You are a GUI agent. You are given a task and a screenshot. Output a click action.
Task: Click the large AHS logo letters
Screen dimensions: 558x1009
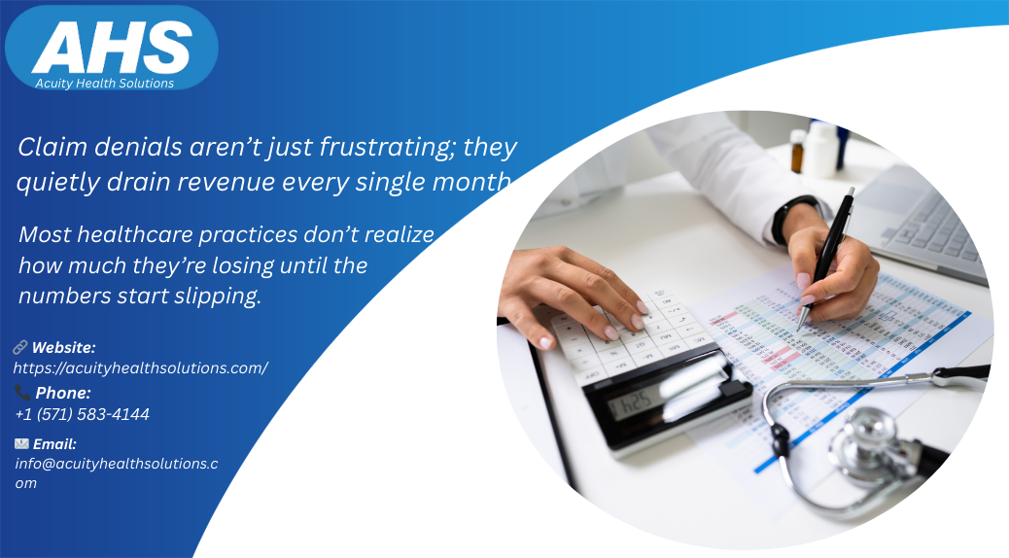[x=112, y=48]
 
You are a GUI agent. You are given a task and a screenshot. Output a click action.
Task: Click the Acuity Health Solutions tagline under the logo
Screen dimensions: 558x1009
[x=104, y=84]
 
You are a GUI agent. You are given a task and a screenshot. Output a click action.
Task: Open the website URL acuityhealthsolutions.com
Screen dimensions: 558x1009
[x=140, y=368]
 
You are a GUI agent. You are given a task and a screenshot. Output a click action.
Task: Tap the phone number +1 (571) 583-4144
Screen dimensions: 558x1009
[x=83, y=415]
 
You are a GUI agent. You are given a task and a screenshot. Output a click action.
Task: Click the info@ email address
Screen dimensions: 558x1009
[x=116, y=464]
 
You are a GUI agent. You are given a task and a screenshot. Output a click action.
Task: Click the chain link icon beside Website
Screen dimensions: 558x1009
[x=20, y=347]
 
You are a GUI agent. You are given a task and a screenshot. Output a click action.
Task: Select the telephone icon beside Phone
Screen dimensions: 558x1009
[x=22, y=393]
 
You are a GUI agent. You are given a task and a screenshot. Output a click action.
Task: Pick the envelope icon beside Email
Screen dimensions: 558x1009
[x=21, y=443]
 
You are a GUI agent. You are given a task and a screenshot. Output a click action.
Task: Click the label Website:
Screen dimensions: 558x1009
[x=63, y=347]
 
